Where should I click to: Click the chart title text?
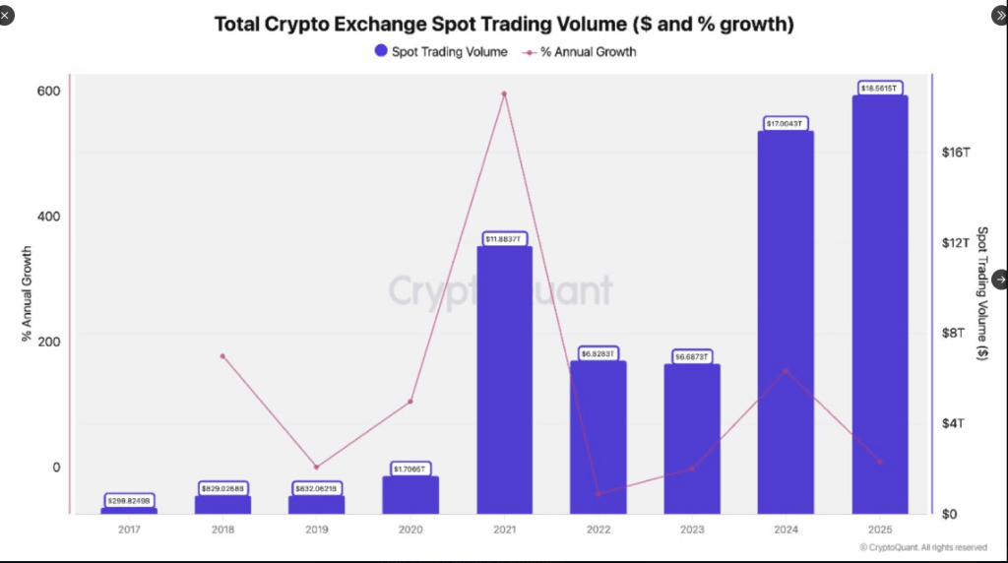504,24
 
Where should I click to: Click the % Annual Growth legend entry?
581,51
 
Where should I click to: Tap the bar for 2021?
504,384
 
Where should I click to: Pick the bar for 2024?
786,325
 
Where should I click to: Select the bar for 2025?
879,305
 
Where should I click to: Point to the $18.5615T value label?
879,88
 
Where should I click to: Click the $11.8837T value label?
504,239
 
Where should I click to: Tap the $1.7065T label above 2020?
410,469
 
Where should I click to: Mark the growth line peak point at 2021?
504,94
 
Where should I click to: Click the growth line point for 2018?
222,356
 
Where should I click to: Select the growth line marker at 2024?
786,371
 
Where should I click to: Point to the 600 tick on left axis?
49,92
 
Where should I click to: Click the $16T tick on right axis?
956,153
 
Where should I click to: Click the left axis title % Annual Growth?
27,295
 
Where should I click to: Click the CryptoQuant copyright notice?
922,547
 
